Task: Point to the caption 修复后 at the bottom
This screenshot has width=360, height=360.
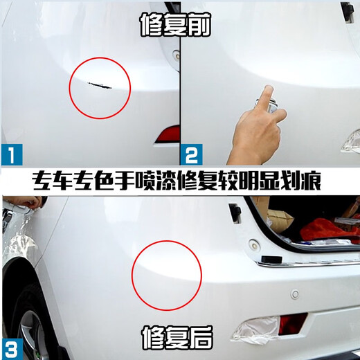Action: (179, 337)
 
